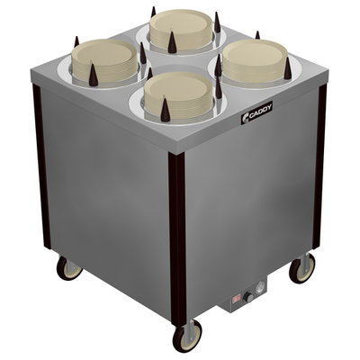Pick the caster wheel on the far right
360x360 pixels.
pos(301,268)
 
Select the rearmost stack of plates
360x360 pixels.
pos(181,27)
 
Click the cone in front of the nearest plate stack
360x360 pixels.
pos(165,111)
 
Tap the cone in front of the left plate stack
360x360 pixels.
pos(94,76)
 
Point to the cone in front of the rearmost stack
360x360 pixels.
pos(171,41)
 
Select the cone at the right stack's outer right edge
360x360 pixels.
pos(286,68)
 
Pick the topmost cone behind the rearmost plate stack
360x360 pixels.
pos(153,13)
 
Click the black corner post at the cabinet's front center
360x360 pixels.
pos(177,234)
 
